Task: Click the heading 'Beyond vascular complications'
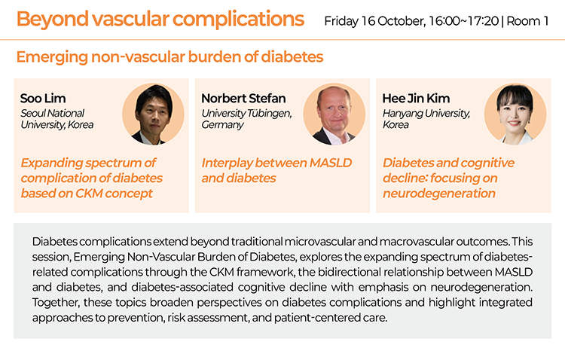[x=160, y=20]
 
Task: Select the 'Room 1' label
[x=527, y=21]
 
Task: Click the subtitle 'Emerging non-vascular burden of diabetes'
[x=169, y=57]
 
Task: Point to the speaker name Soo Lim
[x=43, y=98]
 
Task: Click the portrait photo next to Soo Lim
[x=153, y=114]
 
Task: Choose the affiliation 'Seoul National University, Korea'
[x=57, y=119]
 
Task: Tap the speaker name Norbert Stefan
[x=243, y=98]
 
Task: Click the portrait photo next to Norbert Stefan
[x=334, y=114]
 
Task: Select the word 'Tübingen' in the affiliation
[x=270, y=114]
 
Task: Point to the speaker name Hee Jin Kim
[x=416, y=98]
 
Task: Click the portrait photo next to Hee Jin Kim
[x=515, y=114]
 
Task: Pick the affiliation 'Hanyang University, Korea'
[x=426, y=119]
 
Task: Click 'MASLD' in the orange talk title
[x=331, y=163]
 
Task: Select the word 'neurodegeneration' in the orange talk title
[x=439, y=194]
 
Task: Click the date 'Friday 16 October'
[x=374, y=21]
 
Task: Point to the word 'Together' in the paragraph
[x=56, y=302]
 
